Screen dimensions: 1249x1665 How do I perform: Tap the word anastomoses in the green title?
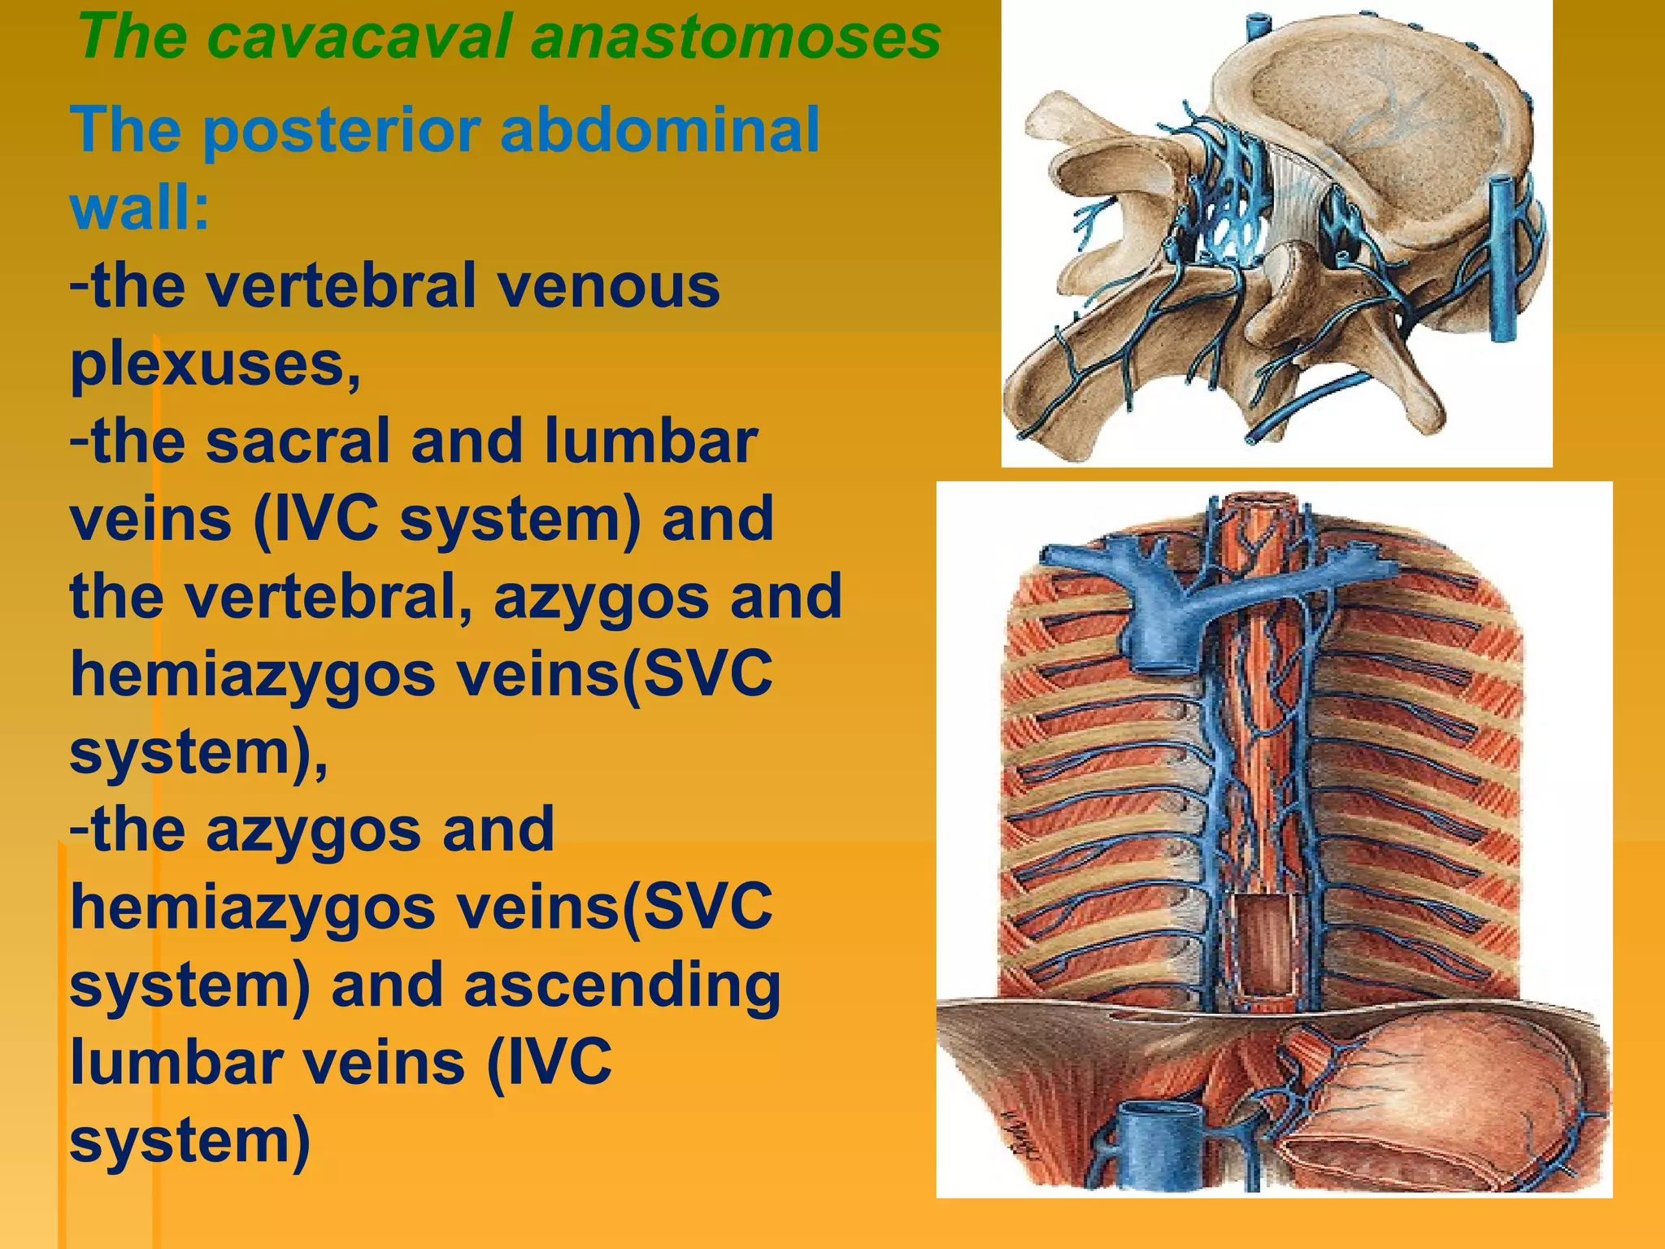pyautogui.click(x=735, y=39)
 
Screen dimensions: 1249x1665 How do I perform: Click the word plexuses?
pyautogui.click(x=215, y=363)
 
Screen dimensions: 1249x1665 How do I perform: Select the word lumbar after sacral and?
pyautogui.click(x=650, y=441)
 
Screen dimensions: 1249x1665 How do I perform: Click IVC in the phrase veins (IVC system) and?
pyautogui.click(x=316, y=519)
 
